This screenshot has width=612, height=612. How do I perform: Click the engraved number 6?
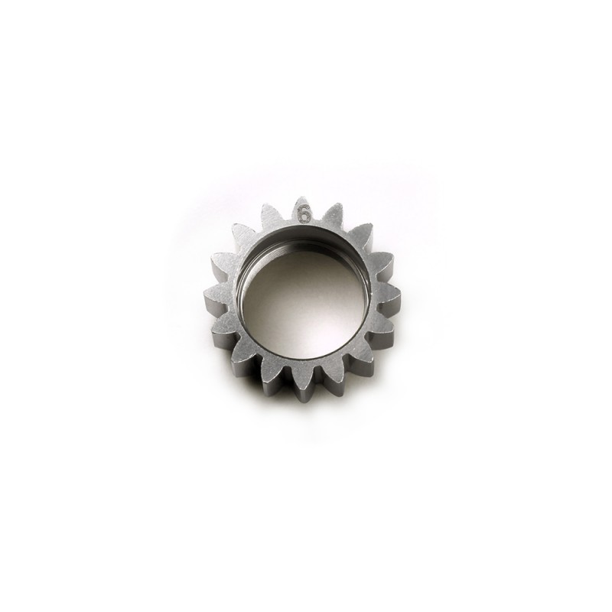[304, 215]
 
